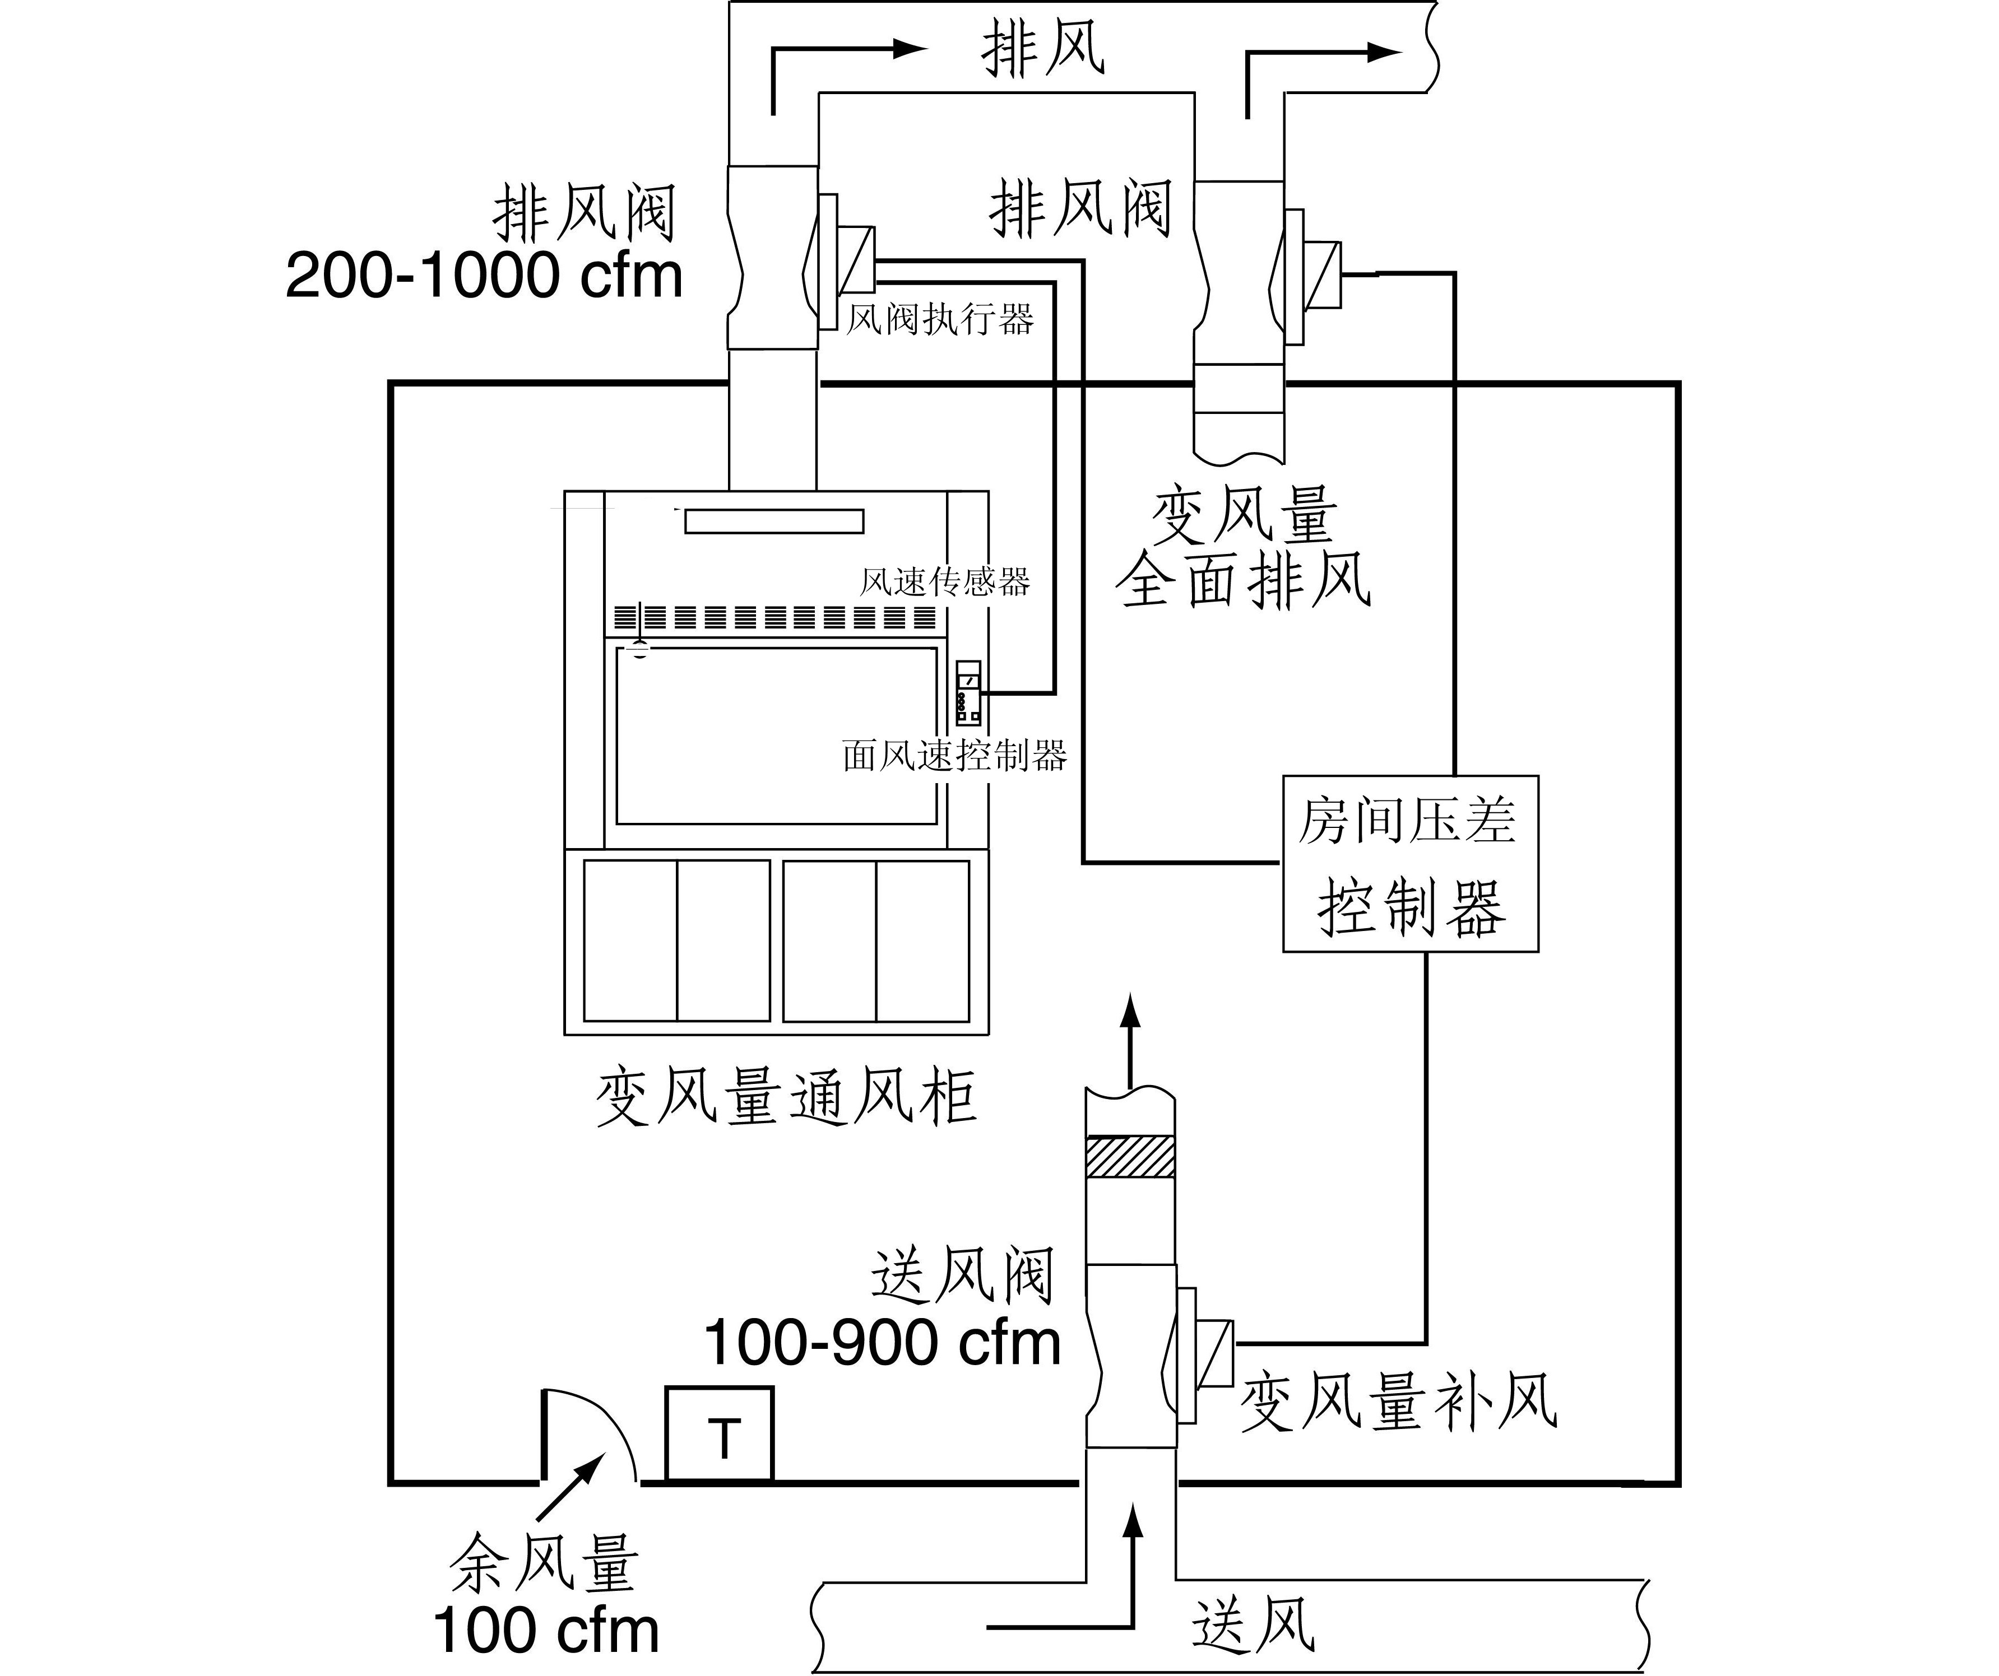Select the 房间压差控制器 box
[x=1410, y=863]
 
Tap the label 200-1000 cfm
[x=484, y=276]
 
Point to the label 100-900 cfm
[x=882, y=1343]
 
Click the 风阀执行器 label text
[x=939, y=319]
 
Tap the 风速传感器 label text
[x=944, y=581]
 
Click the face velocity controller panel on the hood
[x=968, y=693]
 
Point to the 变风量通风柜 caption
[x=786, y=1097]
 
